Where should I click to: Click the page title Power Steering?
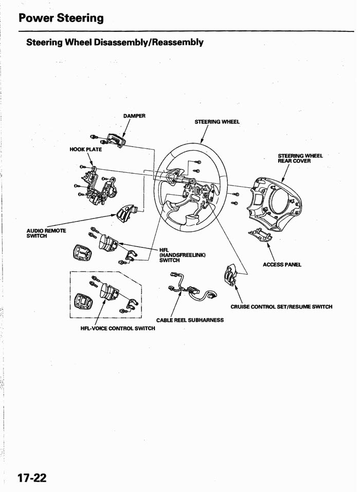[x=61, y=18]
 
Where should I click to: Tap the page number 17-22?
[x=32, y=478]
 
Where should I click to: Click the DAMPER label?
[x=134, y=116]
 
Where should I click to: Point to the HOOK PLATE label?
[x=86, y=150]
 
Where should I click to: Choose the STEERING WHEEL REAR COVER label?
[x=300, y=157]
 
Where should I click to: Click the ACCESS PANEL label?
[x=281, y=265]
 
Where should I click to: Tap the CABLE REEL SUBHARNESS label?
[x=190, y=320]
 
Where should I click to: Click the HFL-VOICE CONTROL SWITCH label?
[x=118, y=328]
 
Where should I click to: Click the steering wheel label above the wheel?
[x=218, y=122]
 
